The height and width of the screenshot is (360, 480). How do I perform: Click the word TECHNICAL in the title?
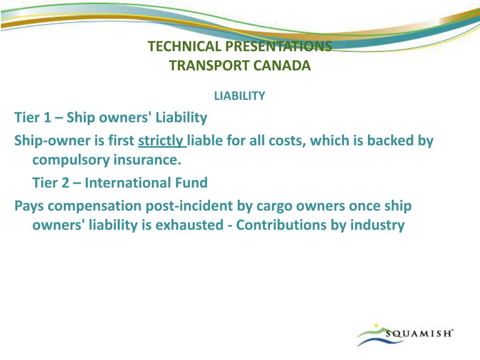(x=184, y=46)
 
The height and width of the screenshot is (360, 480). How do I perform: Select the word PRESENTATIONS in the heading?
(x=278, y=46)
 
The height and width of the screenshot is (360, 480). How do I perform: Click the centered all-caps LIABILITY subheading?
(x=240, y=96)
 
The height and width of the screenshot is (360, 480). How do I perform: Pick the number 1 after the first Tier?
(x=47, y=118)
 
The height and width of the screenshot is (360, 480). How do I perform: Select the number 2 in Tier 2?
(x=66, y=183)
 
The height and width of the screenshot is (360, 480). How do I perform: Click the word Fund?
(x=191, y=183)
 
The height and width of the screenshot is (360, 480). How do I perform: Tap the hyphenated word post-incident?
(x=189, y=206)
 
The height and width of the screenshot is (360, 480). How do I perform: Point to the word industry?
(x=377, y=225)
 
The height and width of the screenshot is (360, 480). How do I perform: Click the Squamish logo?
(x=405, y=335)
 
